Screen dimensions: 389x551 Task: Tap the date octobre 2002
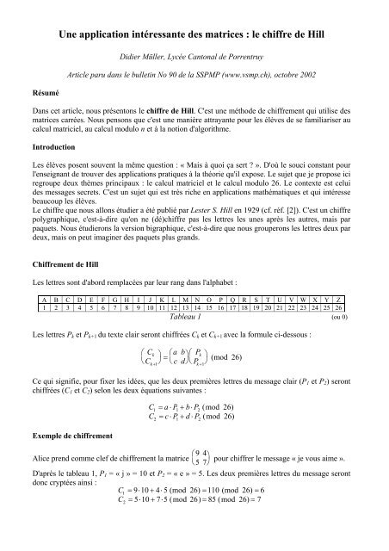point(302,75)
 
